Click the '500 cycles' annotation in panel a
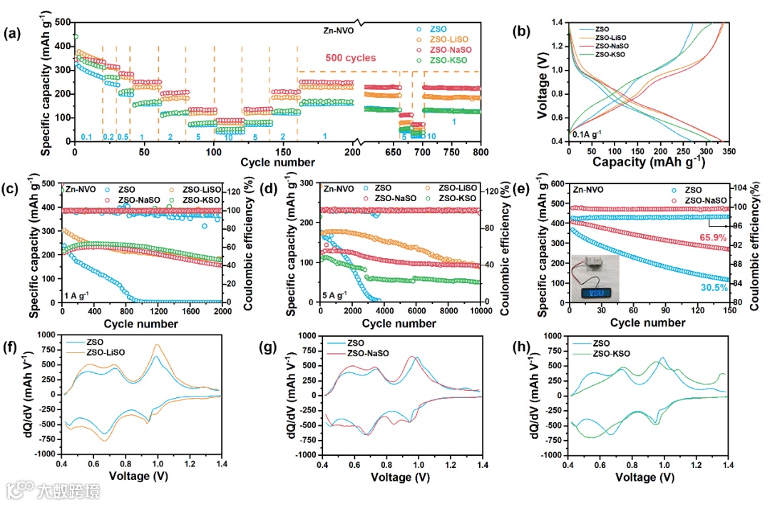(351, 58)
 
